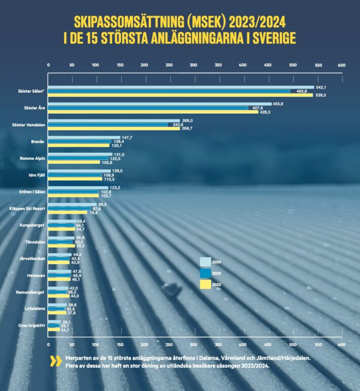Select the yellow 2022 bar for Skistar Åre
pyautogui.click(x=152, y=112)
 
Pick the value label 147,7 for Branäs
pyautogui.click(x=127, y=137)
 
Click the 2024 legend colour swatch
pyautogui.click(x=205, y=262)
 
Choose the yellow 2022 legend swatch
pyautogui.click(x=205, y=285)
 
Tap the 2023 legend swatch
pyautogui.click(x=205, y=273)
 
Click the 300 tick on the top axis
pyautogui.click(x=193, y=65)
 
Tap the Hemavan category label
pyautogui.click(x=37, y=275)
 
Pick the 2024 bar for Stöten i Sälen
pyautogui.click(x=78, y=187)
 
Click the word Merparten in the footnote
pyautogui.click(x=78, y=358)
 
